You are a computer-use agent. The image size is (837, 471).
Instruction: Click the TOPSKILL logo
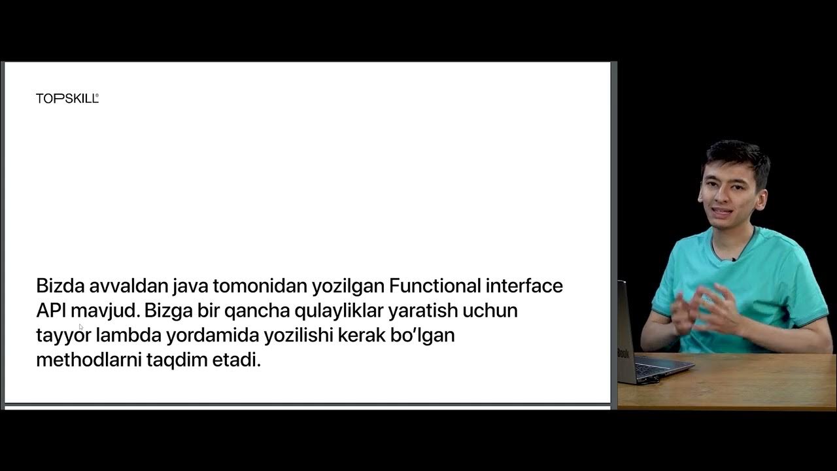(x=67, y=99)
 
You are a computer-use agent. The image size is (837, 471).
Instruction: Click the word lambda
(x=128, y=336)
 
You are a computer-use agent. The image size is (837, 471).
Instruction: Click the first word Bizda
(x=61, y=286)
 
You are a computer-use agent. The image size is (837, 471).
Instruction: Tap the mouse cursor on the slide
(x=81, y=326)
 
